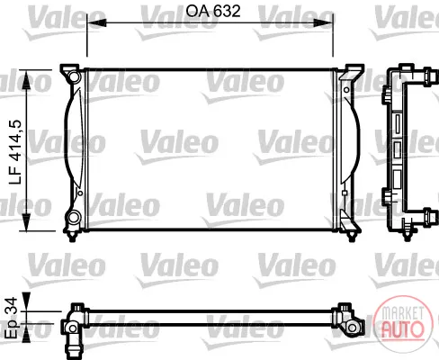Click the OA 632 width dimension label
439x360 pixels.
point(213,11)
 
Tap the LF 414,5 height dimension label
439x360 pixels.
point(15,152)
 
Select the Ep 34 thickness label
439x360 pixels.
point(13,318)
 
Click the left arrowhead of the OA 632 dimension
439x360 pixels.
point(96,22)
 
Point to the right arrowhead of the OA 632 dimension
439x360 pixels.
point(323,22)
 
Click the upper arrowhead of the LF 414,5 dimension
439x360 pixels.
point(27,80)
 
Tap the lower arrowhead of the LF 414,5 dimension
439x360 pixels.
point(27,221)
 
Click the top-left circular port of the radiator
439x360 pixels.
point(73,76)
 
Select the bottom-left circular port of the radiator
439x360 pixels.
point(73,218)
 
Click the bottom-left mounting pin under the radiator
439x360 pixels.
point(72,237)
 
